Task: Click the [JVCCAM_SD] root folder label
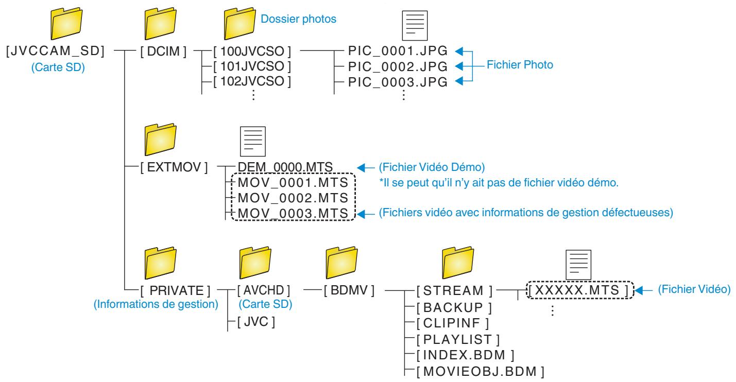[55, 51]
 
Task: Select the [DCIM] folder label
[163, 51]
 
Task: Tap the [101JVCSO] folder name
[252, 66]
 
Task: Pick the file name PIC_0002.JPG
[398, 67]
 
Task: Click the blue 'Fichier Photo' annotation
[520, 65]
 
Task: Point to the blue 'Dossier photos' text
[298, 19]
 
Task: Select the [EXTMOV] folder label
[174, 167]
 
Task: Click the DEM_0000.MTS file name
[285, 167]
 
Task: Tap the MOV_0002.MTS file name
[293, 198]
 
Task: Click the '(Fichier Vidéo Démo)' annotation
[432, 167]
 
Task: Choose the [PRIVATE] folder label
[175, 291]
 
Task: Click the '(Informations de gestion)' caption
[156, 304]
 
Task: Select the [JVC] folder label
[256, 322]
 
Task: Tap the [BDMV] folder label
[349, 290]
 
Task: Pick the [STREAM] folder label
[454, 291]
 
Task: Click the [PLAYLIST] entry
[458, 340]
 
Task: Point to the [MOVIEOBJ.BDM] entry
[481, 372]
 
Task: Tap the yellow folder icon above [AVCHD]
[255, 263]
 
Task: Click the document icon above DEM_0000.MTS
[253, 141]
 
